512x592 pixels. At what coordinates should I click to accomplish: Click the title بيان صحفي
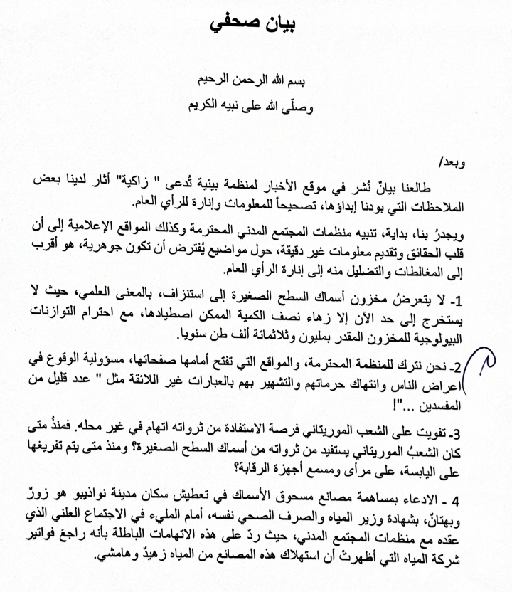click(256, 25)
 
